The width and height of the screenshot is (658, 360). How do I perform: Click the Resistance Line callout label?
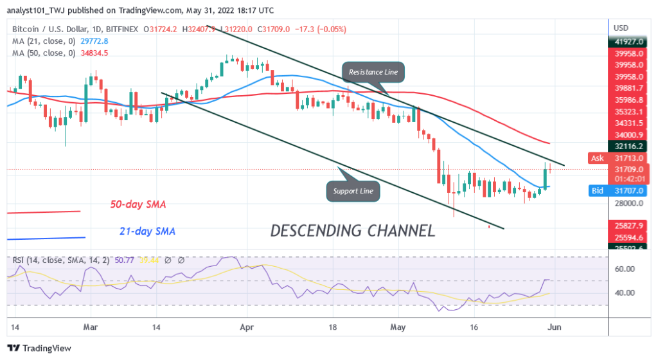[373, 72]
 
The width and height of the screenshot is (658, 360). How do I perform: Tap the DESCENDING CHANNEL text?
[352, 230]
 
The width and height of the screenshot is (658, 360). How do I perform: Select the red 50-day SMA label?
[138, 204]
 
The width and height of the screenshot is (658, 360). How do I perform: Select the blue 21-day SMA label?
[147, 231]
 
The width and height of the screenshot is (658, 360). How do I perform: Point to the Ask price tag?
[597, 157]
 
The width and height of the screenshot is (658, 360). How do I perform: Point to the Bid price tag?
[597, 191]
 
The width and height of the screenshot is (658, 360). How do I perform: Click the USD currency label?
[621, 28]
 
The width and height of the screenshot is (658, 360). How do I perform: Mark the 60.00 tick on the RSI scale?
[624, 269]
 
